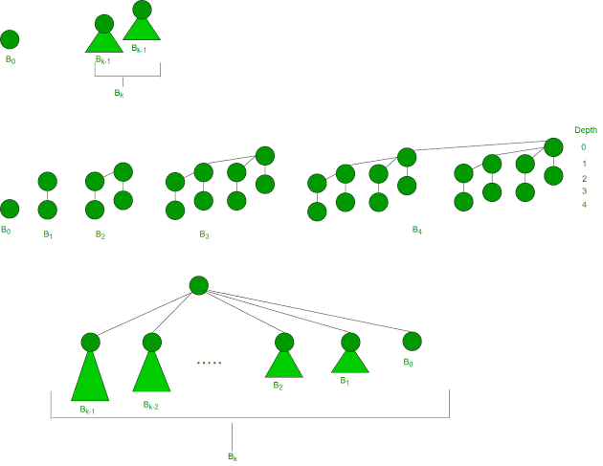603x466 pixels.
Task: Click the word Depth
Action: pyautogui.click(x=586, y=130)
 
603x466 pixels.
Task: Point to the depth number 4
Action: pyautogui.click(x=584, y=205)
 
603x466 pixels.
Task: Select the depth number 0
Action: pyautogui.click(x=584, y=146)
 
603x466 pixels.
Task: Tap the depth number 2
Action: pyautogui.click(x=584, y=178)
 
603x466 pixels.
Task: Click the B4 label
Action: pyautogui.click(x=417, y=230)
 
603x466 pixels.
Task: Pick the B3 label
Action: pyautogui.click(x=204, y=234)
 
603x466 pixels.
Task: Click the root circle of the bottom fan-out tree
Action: pyautogui.click(x=199, y=286)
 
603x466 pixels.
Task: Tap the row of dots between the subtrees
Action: pyautogui.click(x=210, y=363)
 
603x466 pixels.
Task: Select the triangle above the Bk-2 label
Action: pyautogui.click(x=151, y=373)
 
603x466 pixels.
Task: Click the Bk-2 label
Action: pyautogui.click(x=151, y=405)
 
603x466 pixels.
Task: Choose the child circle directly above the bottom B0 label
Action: pyautogui.click(x=413, y=342)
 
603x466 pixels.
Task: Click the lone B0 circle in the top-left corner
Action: pyautogui.click(x=10, y=39)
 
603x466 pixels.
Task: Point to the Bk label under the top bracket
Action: pyautogui.click(x=120, y=93)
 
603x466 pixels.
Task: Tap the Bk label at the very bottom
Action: pyautogui.click(x=233, y=456)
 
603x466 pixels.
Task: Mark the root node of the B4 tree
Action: pyautogui.click(x=554, y=147)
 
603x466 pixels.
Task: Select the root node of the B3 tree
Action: pyautogui.click(x=265, y=156)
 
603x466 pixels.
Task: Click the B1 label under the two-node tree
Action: pyautogui.click(x=48, y=234)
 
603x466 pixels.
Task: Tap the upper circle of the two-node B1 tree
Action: pyautogui.click(x=48, y=182)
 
